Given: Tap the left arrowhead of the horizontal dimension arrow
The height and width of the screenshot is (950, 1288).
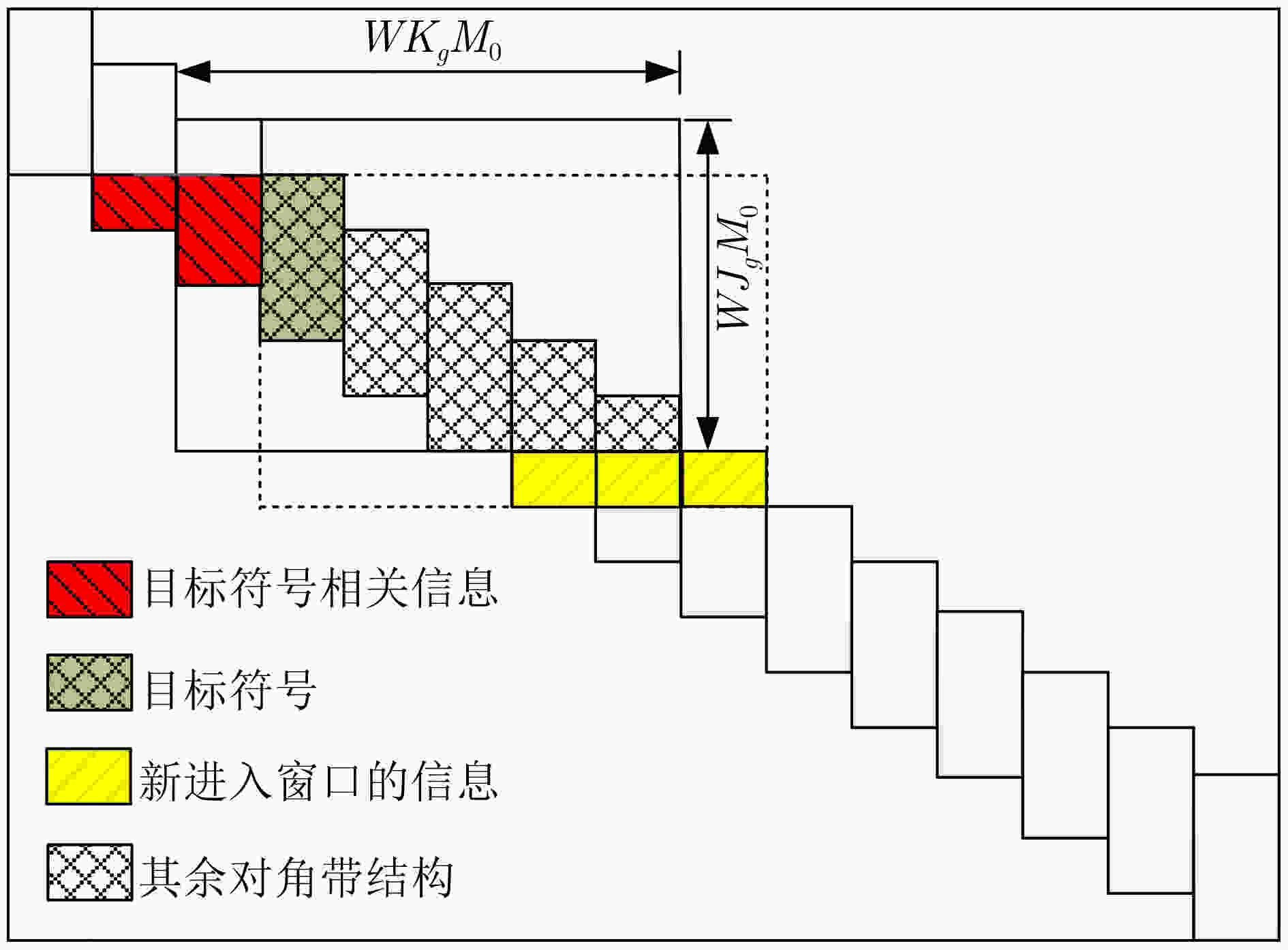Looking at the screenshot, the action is (193, 72).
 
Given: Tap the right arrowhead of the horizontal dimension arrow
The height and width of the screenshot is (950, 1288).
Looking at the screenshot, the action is (662, 72).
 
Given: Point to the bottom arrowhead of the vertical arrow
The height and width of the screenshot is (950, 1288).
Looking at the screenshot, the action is (708, 433).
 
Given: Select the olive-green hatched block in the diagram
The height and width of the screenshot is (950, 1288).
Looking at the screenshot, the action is (303, 258).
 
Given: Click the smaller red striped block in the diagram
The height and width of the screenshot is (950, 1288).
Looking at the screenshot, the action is (134, 202).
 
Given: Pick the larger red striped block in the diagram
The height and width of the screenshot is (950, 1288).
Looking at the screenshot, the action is (219, 230).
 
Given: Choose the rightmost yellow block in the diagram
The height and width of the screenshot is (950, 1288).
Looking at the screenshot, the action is (724, 478).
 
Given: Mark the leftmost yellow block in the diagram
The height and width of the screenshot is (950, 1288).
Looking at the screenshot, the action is (554, 478).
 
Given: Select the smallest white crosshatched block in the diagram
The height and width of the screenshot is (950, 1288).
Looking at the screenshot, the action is (638, 423).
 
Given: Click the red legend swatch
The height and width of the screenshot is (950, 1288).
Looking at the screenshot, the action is (89, 589).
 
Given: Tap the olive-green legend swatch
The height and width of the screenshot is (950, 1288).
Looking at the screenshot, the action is (89, 683).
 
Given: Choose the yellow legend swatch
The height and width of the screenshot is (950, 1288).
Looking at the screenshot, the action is (89, 776).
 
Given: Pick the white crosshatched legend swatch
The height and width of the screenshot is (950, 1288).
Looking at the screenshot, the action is (89, 872).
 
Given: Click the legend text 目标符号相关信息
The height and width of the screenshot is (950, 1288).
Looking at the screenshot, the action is (321, 587).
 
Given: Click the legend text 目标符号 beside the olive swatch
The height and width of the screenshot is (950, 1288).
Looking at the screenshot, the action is (230, 689).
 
